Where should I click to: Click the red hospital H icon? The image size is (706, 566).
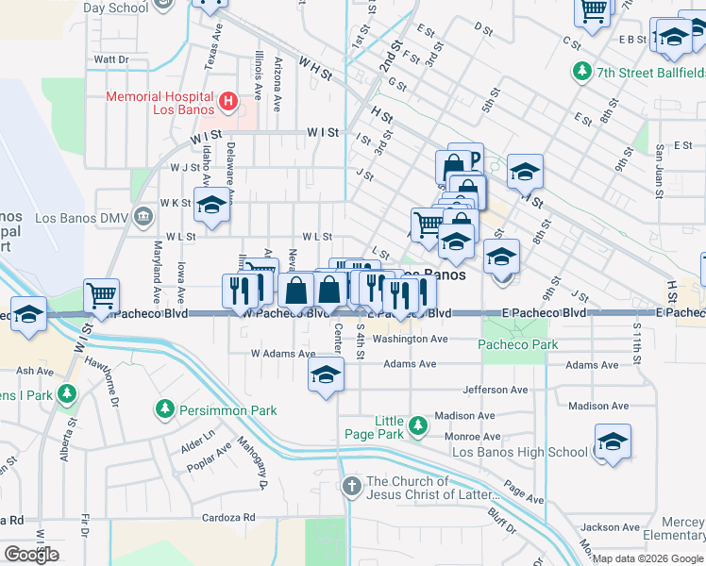pos(227,100)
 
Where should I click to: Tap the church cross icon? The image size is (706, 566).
pos(351,487)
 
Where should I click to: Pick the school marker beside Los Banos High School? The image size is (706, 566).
pos(613,442)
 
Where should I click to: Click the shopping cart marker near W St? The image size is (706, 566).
pos(101,294)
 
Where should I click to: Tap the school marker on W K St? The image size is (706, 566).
pos(212,205)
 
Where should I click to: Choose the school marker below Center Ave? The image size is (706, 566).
pos(326,375)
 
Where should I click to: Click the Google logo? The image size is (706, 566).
pos(31,555)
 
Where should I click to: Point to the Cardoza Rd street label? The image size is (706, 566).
pos(229,518)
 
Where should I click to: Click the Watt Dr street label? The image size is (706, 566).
pos(110,58)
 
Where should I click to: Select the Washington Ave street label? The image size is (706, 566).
pos(409,339)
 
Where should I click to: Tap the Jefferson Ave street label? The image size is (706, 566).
pos(495,390)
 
